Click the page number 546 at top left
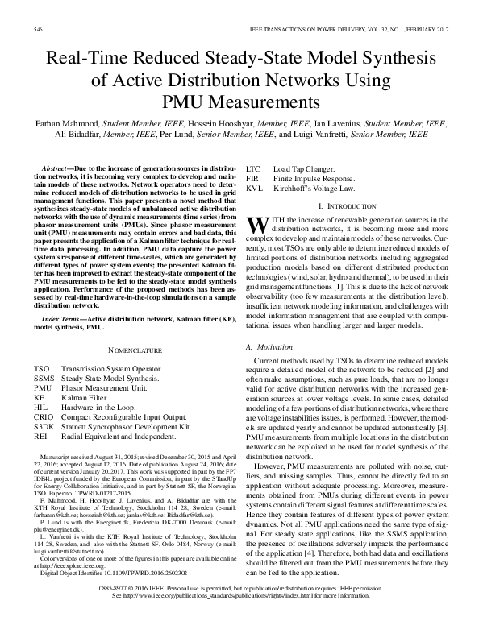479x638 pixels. tap(37, 30)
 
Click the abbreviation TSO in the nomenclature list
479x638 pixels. tap(40, 367)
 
